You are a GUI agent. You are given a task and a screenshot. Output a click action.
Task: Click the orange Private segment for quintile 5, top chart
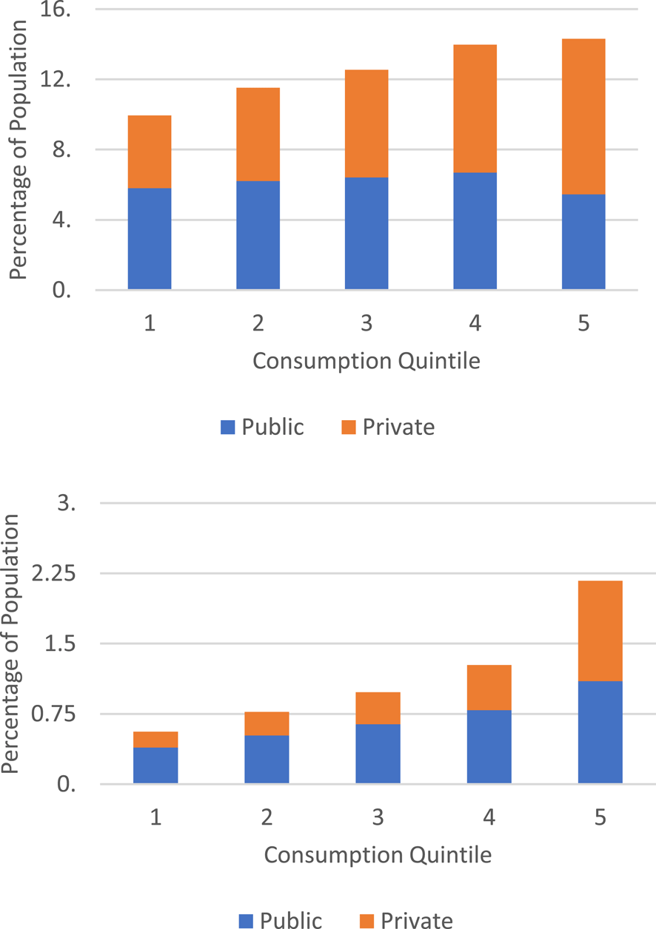point(583,116)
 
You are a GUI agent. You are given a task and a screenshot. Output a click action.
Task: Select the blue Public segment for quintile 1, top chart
point(150,238)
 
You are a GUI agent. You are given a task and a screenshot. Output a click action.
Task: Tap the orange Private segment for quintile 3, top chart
point(367,124)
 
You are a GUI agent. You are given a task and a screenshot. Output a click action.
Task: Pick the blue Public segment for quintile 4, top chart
point(475,230)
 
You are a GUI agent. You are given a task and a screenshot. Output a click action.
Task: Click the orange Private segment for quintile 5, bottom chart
point(600,631)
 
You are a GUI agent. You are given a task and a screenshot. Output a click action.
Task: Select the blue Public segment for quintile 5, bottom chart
point(600,732)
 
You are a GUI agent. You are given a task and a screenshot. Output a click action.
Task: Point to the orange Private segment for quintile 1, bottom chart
point(155,739)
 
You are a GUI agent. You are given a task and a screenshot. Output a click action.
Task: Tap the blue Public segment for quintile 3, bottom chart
point(378,753)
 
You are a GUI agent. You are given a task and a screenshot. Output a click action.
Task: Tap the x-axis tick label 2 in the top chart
point(258,324)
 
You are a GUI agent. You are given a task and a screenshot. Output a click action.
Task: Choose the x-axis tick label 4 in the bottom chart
point(489,817)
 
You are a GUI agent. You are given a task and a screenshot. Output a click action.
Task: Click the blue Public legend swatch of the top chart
point(228,427)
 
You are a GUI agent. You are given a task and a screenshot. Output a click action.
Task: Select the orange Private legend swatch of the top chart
point(348,427)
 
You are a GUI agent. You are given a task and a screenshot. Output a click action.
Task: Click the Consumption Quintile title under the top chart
point(367,362)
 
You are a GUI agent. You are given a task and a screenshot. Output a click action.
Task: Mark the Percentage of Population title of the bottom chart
point(10,643)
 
